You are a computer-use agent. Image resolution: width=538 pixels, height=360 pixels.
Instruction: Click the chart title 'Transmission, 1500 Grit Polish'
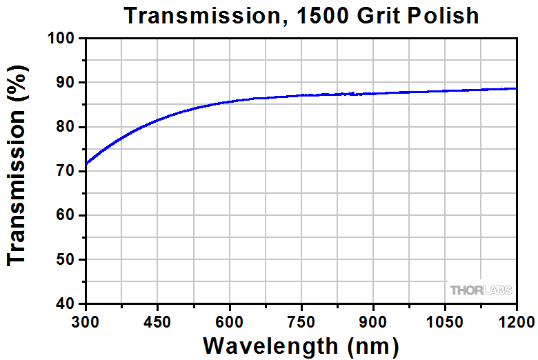point(301,15)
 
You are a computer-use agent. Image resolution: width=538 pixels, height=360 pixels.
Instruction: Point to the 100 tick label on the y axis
point(61,39)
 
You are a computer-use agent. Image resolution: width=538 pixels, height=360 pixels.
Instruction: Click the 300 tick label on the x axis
point(86,321)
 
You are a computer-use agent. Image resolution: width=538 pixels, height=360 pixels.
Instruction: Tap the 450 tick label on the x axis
point(157,321)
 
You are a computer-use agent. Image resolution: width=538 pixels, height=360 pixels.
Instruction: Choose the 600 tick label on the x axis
point(229,321)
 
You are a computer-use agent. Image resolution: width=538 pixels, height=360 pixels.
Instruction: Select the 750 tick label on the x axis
point(301,321)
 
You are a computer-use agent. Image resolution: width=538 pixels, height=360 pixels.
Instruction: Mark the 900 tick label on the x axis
point(372,321)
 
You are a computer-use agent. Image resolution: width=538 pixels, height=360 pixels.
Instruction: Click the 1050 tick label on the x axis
point(444,321)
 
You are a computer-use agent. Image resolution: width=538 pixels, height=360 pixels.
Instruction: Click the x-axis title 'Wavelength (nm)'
point(301,344)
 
